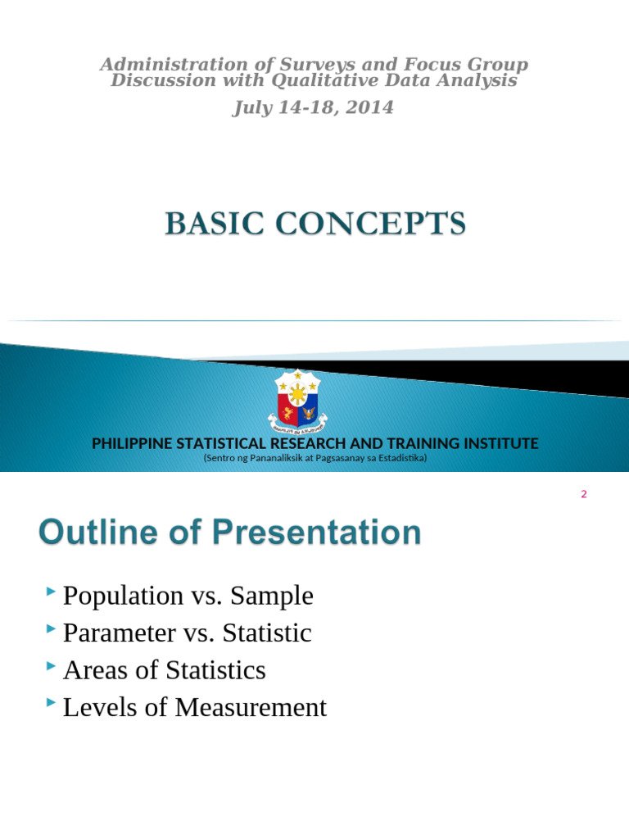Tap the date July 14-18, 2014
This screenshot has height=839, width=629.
coord(314,107)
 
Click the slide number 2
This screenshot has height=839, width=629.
coord(584,494)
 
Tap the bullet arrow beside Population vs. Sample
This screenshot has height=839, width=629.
coord(52,591)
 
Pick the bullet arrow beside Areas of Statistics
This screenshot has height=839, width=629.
coord(52,666)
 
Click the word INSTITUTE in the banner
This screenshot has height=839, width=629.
coord(500,443)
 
